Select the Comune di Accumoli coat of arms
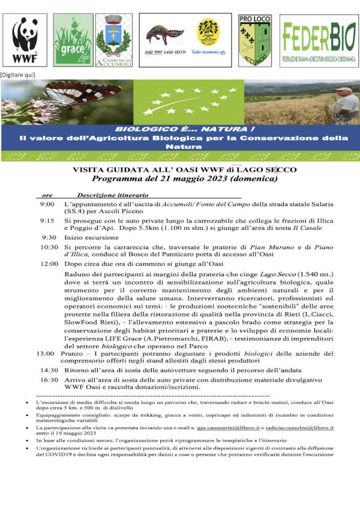click(x=116, y=39)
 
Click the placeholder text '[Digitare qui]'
click(x=18, y=74)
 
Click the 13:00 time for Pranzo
click(x=45, y=354)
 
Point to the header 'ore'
click(x=47, y=196)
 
